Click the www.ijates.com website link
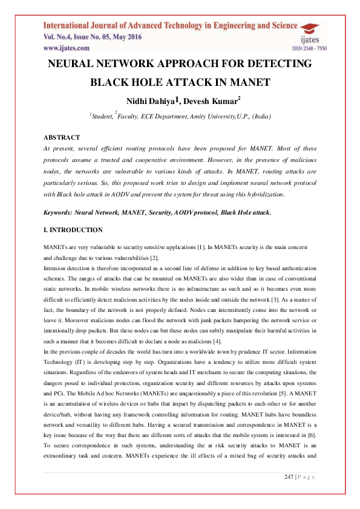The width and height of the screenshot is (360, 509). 66,47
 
